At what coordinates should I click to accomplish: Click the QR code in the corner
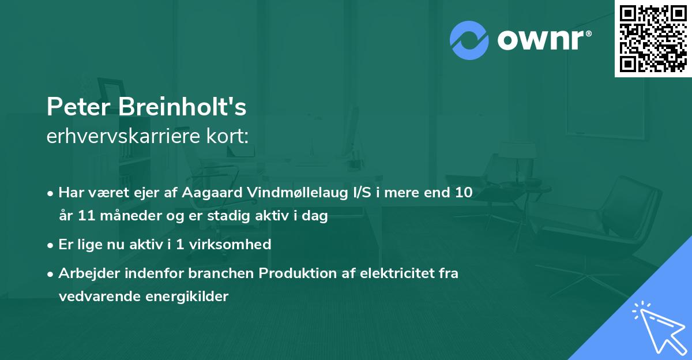(x=653, y=39)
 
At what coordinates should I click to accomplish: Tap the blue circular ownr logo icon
(x=468, y=40)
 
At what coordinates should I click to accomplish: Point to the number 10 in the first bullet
(x=463, y=193)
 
